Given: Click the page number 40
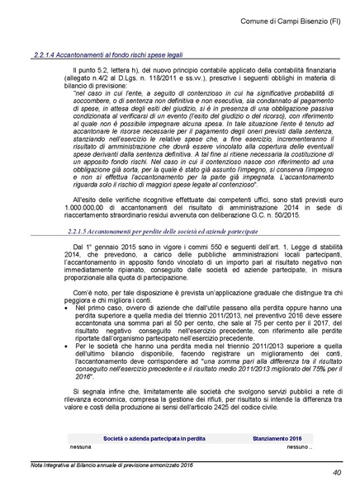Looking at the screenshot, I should coord(338,473).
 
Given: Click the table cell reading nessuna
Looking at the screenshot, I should coord(81,445).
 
